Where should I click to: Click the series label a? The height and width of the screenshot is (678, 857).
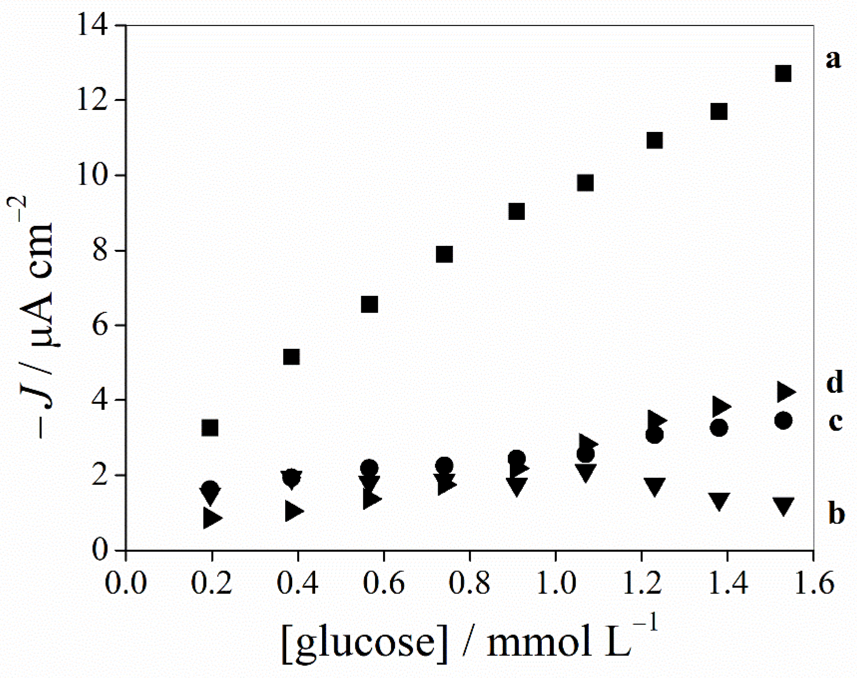tap(833, 60)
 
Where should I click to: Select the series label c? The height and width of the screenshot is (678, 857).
tap(835, 421)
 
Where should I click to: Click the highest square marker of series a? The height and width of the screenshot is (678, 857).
tap(783, 74)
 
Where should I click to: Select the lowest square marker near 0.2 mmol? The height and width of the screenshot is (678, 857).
tap(210, 428)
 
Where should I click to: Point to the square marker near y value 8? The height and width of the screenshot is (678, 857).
tap(444, 254)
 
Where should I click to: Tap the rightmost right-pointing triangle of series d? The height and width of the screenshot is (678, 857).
tap(785, 392)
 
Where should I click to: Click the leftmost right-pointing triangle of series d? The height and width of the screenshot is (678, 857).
tap(212, 517)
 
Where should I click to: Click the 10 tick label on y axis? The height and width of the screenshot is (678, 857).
tap(92, 176)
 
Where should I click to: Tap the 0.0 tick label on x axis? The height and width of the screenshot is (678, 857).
tap(125, 583)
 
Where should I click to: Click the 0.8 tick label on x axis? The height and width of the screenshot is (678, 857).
tap(469, 583)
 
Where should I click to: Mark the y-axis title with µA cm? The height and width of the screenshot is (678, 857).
tap(38, 310)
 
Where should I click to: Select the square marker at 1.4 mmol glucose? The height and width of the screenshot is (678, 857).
tap(719, 112)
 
